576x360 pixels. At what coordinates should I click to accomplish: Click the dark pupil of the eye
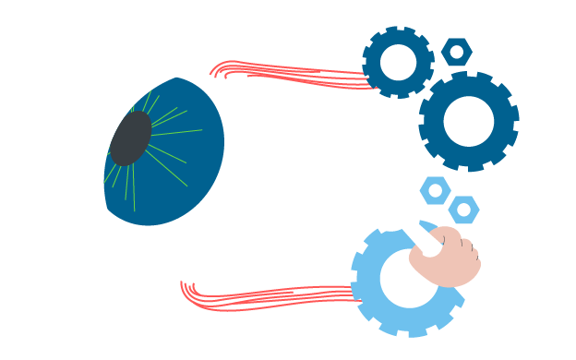pos(130,138)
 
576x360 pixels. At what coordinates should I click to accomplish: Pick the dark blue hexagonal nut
pos(447,51)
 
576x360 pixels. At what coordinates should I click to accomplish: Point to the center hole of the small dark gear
pos(399,62)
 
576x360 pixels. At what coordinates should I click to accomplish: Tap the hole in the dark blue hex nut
pos(456,51)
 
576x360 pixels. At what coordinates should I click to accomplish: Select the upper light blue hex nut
pos(435,190)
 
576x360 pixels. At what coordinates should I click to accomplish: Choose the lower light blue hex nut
pos(463,210)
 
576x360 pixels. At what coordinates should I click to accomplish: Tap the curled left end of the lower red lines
pos(185,288)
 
